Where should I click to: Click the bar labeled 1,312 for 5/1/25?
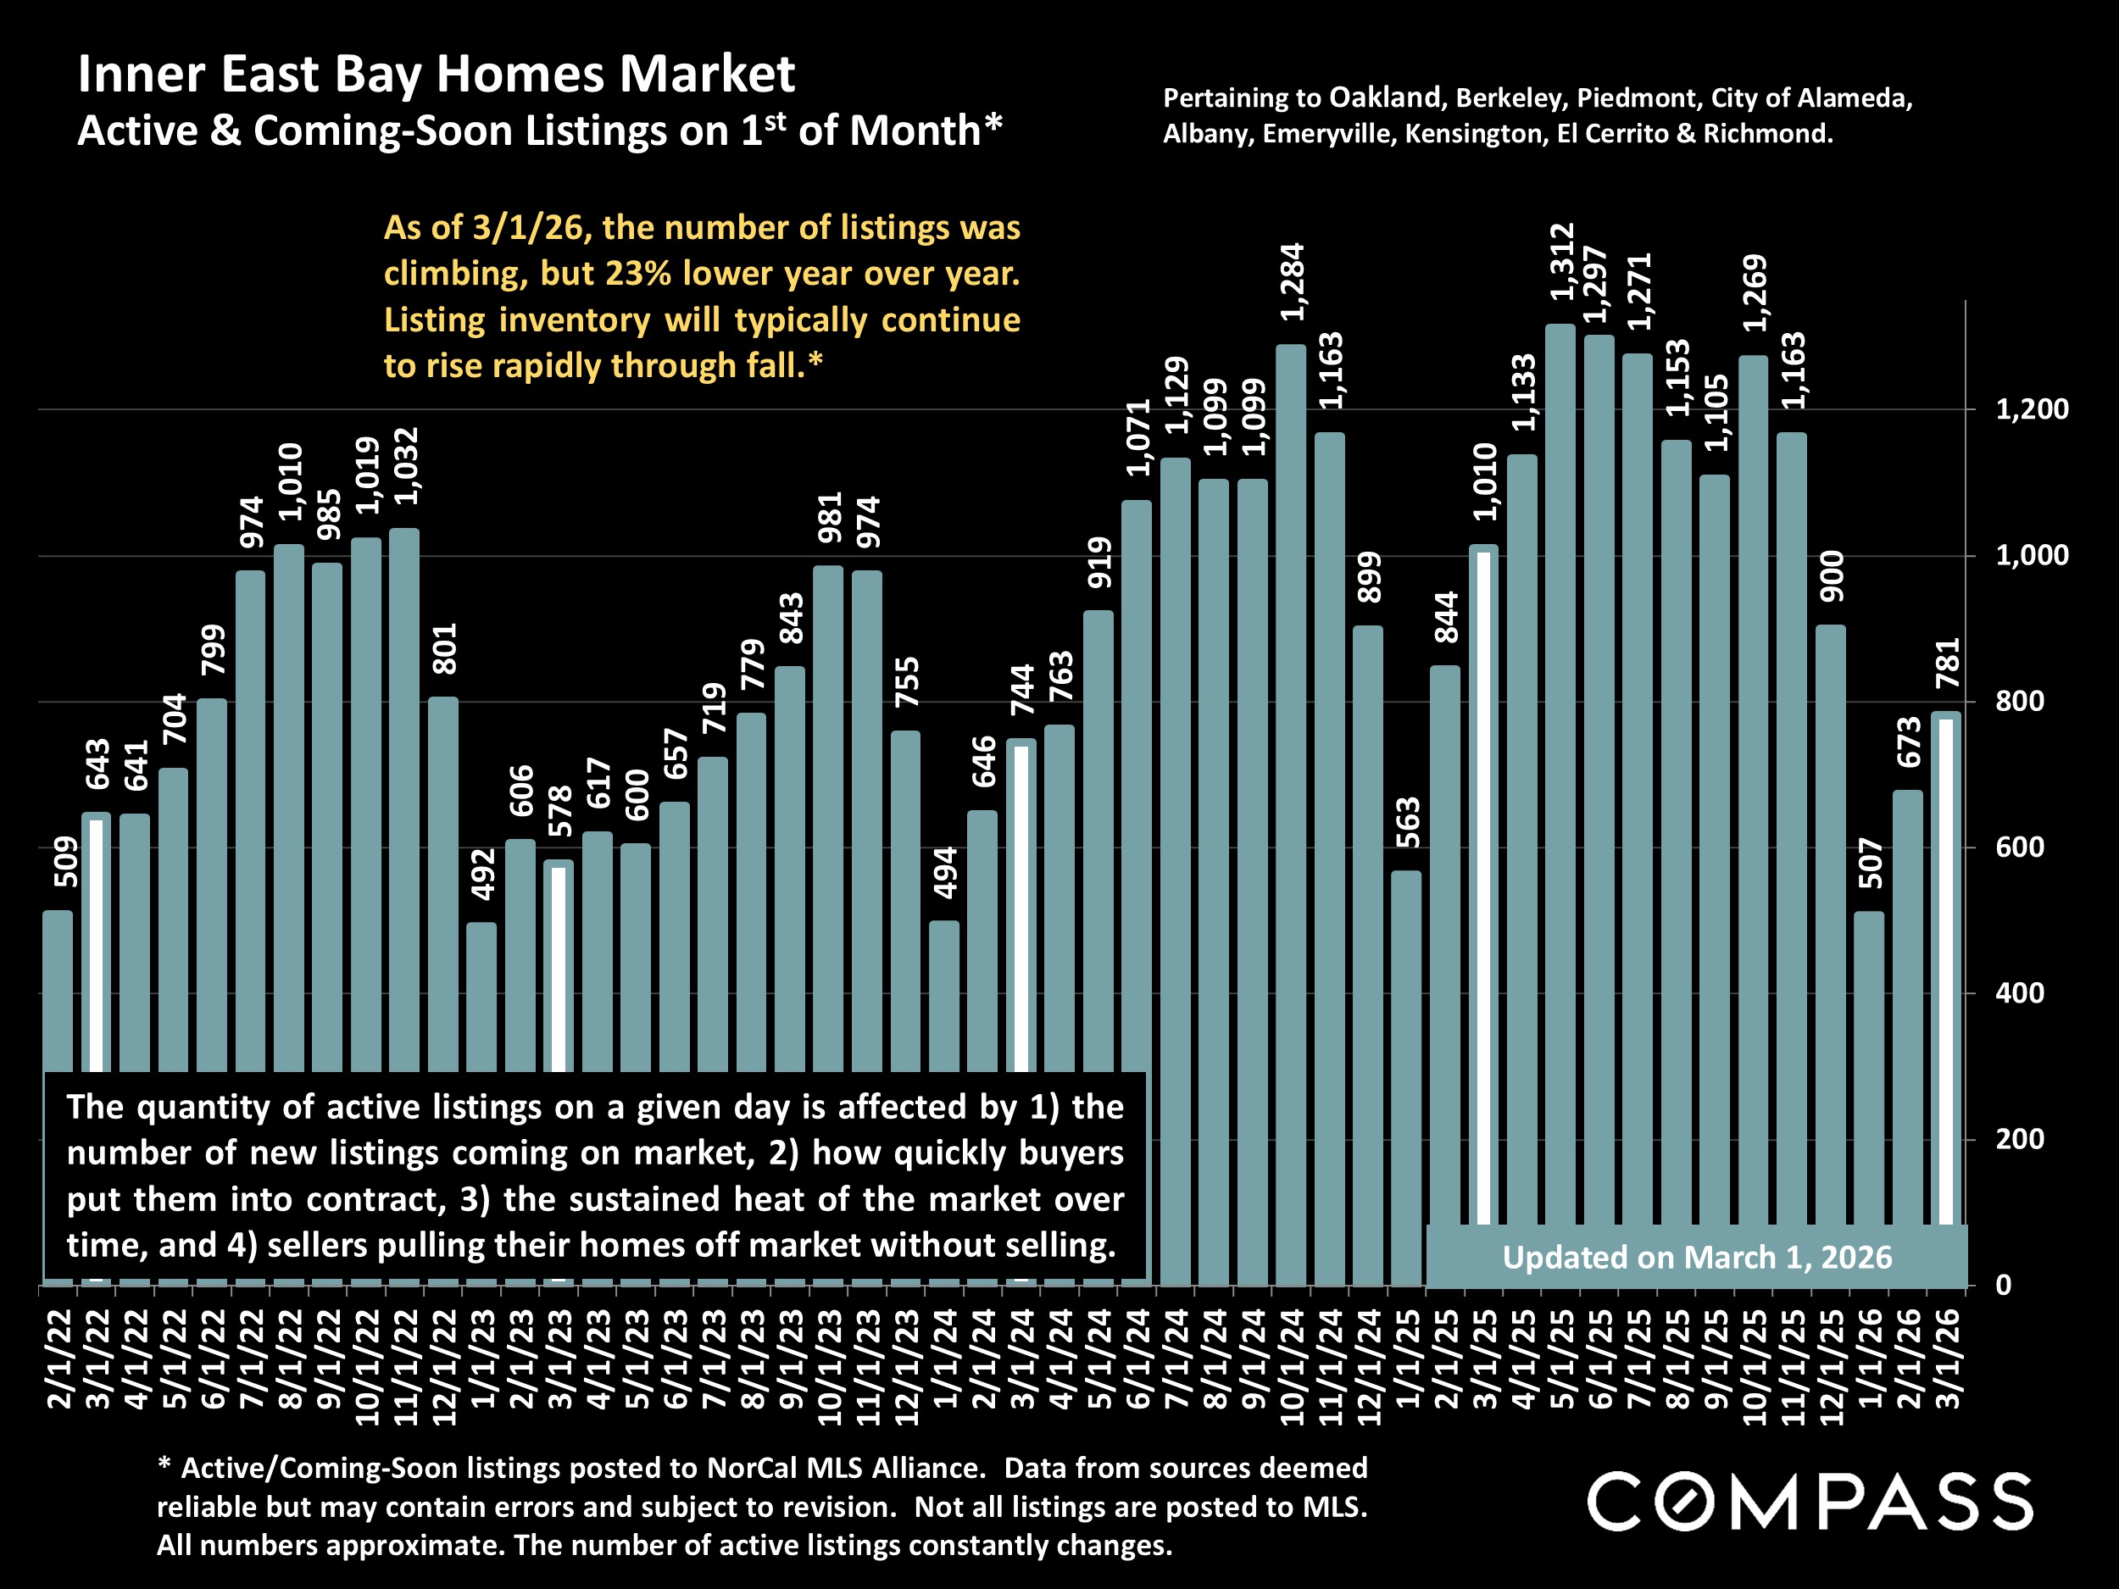tap(1560, 766)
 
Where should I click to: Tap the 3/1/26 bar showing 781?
tap(1945, 958)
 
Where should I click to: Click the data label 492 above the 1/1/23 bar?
tap(485, 874)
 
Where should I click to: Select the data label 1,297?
tap(1597, 286)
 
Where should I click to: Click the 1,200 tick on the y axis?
tap(2032, 410)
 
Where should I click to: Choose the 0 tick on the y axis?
tap(2003, 1286)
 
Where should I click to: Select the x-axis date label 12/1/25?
tap(1831, 1367)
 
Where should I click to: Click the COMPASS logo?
tap(1810, 1502)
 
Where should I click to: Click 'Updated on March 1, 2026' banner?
tap(1697, 1258)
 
